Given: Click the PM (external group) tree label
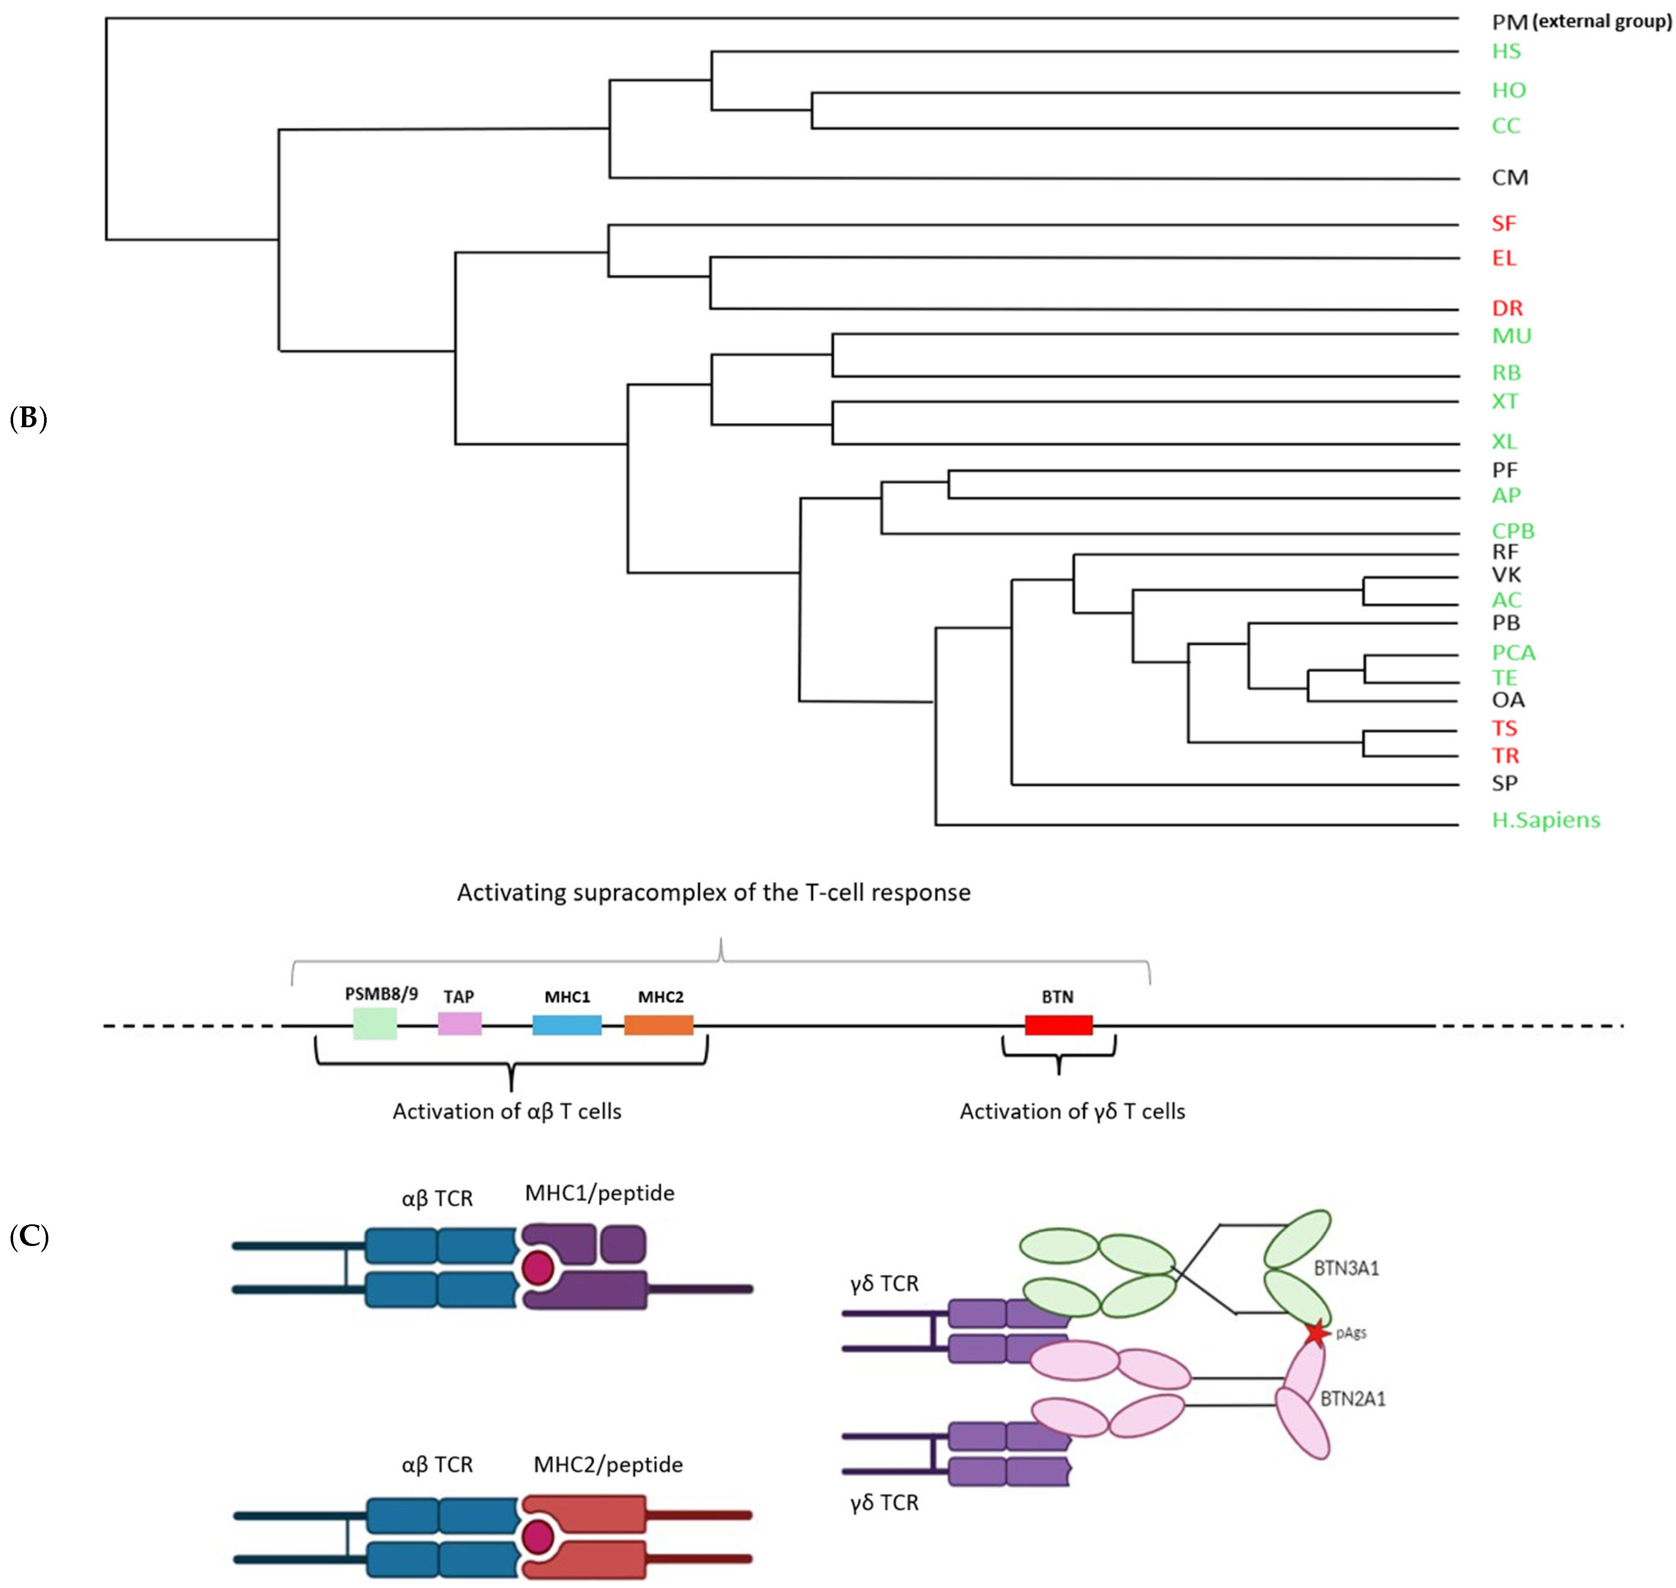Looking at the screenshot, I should click(x=1580, y=22).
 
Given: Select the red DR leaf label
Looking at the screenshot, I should click(x=1507, y=308).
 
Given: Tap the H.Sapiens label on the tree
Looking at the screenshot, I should click(x=1545, y=819).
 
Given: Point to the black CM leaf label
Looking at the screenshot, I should click(x=1509, y=178).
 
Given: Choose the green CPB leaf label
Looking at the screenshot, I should click(x=1512, y=531).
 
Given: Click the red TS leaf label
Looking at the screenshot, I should click(x=1504, y=728).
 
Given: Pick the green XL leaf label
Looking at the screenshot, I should click(x=1504, y=441).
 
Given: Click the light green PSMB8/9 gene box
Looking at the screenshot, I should click(x=374, y=1023).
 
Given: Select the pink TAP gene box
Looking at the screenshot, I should click(x=459, y=1023).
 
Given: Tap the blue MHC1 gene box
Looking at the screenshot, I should click(x=566, y=1025).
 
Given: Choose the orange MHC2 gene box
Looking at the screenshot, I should click(x=658, y=1025).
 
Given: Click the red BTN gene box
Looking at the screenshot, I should click(x=1058, y=1025).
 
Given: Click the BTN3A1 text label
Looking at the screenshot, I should click(x=1346, y=1268).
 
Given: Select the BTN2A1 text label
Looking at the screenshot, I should click(x=1353, y=1399).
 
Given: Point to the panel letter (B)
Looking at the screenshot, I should click(x=28, y=418).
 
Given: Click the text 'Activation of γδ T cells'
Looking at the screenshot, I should click(x=1071, y=1112).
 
